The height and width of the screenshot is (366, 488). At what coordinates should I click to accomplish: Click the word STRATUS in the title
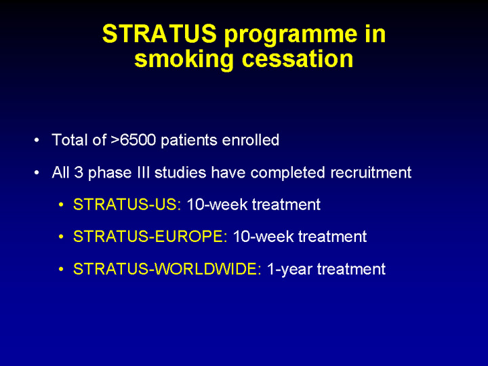pyautogui.click(x=159, y=34)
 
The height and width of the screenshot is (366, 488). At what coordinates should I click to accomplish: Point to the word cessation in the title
pyautogui.click(x=298, y=59)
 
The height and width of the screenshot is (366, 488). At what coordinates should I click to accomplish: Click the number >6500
pyautogui.click(x=133, y=140)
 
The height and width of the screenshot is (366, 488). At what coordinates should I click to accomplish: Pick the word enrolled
pyautogui.click(x=251, y=140)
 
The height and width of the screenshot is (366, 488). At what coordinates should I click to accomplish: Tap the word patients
pyautogui.click(x=189, y=140)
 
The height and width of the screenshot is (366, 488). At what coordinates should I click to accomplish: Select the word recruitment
pyautogui.click(x=371, y=172)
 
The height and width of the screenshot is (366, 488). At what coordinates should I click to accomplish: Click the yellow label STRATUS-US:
pyautogui.click(x=127, y=205)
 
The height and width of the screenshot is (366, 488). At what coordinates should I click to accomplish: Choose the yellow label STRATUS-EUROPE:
pyautogui.click(x=150, y=237)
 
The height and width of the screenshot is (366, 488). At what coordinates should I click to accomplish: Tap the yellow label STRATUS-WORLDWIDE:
pyautogui.click(x=167, y=269)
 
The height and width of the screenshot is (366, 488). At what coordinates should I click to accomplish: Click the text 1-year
pyautogui.click(x=290, y=270)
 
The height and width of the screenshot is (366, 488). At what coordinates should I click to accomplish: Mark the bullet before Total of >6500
pyautogui.click(x=37, y=140)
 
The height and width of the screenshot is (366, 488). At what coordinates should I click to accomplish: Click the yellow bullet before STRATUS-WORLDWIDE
pyautogui.click(x=61, y=269)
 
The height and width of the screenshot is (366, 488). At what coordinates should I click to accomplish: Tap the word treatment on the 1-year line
pyautogui.click(x=351, y=269)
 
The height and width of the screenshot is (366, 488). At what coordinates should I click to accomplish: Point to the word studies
pyautogui.click(x=180, y=172)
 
